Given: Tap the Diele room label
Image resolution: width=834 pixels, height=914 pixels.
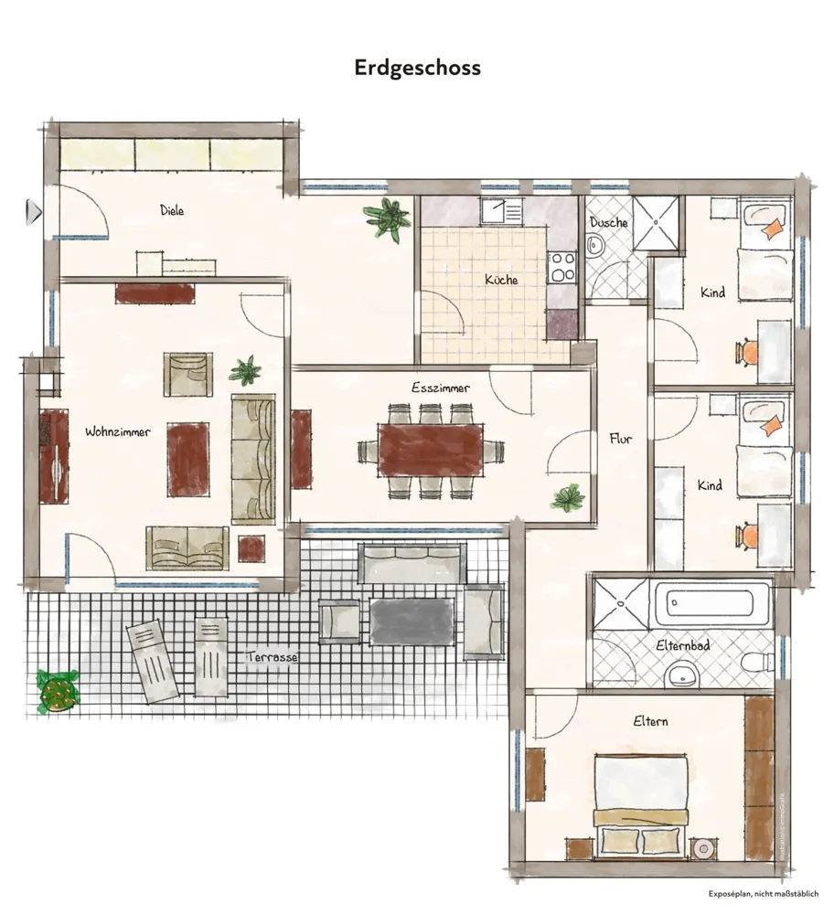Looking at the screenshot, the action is [x=172, y=210].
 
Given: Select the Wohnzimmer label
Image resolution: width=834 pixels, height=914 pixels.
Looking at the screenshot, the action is [x=118, y=432].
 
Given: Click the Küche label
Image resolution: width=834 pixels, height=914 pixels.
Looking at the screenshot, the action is [x=501, y=279].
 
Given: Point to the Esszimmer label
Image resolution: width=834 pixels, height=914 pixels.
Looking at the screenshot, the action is [x=441, y=388].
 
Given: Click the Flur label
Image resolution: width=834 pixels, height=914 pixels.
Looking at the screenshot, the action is [x=621, y=439].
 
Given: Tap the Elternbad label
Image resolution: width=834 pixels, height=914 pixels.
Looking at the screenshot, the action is [x=683, y=645].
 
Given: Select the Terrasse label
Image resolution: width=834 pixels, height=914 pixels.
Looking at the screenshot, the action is [x=273, y=657].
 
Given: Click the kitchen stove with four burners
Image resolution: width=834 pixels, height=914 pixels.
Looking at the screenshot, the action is [x=562, y=268].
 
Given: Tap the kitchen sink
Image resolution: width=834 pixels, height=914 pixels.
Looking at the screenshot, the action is [x=502, y=211].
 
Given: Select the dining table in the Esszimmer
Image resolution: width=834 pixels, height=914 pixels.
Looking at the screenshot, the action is [x=431, y=450].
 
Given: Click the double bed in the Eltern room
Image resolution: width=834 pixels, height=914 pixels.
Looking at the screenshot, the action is [x=640, y=807].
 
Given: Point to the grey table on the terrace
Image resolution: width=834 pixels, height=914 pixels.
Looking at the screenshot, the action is [x=412, y=622].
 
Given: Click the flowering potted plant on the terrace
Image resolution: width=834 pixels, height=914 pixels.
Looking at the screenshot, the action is [x=58, y=691].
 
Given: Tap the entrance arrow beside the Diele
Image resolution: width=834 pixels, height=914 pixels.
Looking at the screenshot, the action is [x=34, y=212].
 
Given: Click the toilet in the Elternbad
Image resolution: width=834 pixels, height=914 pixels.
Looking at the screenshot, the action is [x=758, y=663].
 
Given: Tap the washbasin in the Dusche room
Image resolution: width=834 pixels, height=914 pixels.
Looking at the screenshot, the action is [x=594, y=245].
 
